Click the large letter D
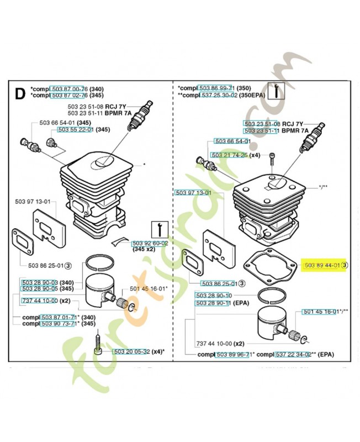[19, 94]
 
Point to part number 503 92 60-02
[150, 243]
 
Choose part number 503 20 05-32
[131, 352]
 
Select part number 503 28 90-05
[39, 289]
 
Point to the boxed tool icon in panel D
[158, 228]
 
